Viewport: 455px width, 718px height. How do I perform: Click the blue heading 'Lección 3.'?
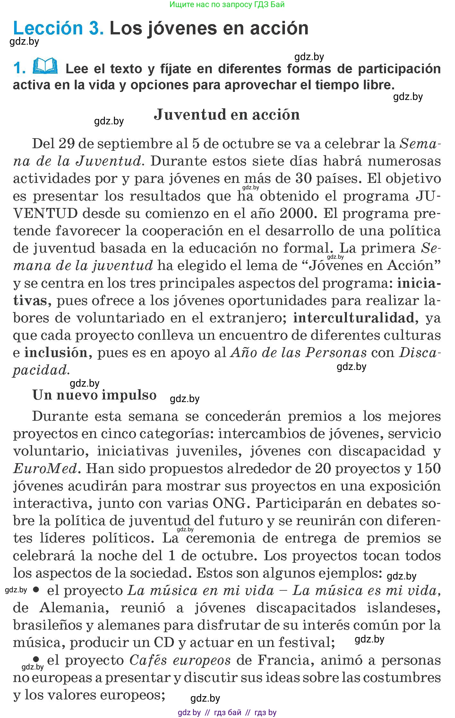(x=58, y=28)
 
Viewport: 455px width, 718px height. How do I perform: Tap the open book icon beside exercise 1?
(x=45, y=66)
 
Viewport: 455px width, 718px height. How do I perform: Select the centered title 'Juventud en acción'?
(x=227, y=115)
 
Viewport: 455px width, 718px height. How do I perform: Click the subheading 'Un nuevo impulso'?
(x=94, y=395)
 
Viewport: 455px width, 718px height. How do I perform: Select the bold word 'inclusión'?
(x=56, y=353)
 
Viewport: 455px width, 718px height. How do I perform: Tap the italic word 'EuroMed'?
(x=46, y=468)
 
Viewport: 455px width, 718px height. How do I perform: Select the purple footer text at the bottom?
(x=227, y=713)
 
